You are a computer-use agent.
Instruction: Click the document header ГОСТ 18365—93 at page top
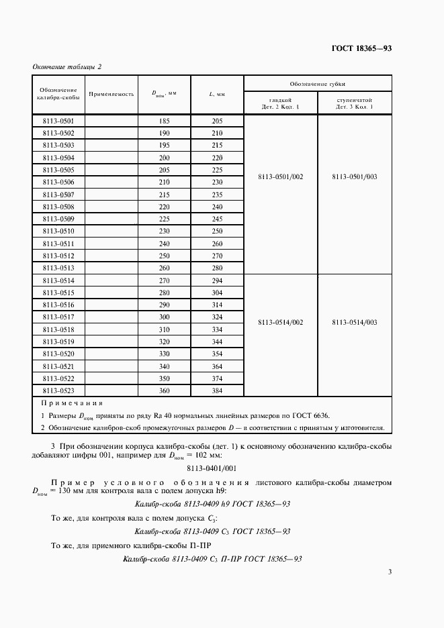(x=363, y=48)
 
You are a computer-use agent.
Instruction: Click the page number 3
(x=390, y=572)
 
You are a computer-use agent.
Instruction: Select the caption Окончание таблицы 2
(x=67, y=66)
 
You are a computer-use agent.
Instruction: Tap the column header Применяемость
(x=112, y=95)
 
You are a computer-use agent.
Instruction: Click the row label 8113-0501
(x=58, y=121)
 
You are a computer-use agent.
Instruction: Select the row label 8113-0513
(x=58, y=268)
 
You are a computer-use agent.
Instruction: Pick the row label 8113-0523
(x=58, y=390)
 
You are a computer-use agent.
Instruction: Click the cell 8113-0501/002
(x=280, y=176)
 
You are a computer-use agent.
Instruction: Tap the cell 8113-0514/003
(x=354, y=322)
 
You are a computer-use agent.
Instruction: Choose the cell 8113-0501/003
(x=354, y=176)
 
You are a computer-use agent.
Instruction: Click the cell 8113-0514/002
(x=280, y=322)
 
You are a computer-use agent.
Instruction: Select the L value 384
(x=216, y=390)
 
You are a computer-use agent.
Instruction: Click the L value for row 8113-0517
(x=216, y=317)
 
